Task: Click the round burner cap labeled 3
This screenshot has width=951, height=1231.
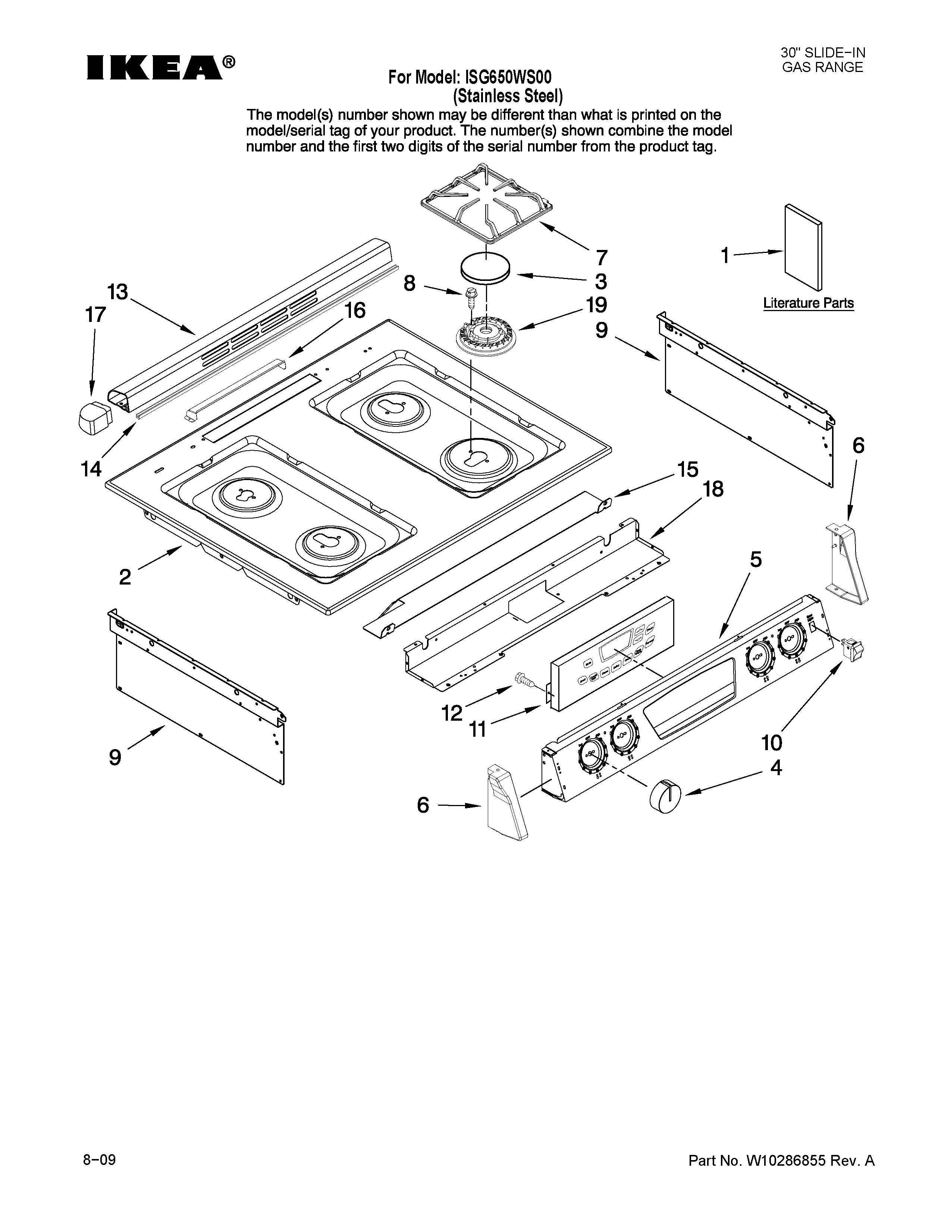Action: pyautogui.click(x=486, y=266)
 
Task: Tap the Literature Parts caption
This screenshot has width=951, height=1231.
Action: pyautogui.click(x=808, y=303)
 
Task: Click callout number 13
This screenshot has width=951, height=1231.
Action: pyautogui.click(x=118, y=292)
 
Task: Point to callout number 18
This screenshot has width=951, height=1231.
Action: pyautogui.click(x=713, y=489)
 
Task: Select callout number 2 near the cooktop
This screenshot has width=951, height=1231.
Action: pyautogui.click(x=125, y=577)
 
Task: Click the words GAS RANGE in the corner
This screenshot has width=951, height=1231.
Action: pyautogui.click(x=823, y=68)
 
